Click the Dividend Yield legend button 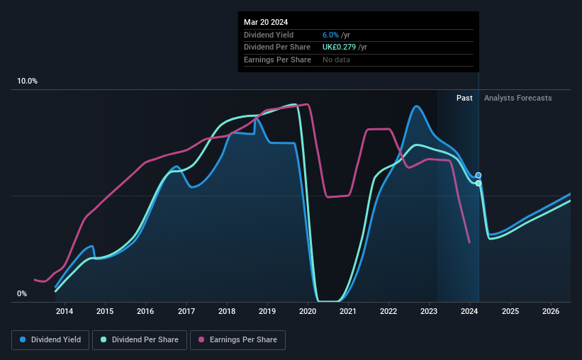(x=50, y=340)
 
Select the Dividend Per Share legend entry (x=140, y=340)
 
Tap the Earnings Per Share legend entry (x=237, y=340)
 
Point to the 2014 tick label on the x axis (x=65, y=311)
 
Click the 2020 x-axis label (x=308, y=311)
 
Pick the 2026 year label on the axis (x=551, y=311)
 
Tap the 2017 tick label (x=186, y=311)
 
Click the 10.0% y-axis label (x=27, y=81)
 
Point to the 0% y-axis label (x=22, y=294)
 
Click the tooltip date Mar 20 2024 (x=266, y=22)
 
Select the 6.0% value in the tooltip (x=330, y=35)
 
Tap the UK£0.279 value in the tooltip (x=339, y=47)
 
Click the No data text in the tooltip (x=336, y=60)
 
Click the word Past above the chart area (x=464, y=98)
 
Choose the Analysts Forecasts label (x=517, y=98)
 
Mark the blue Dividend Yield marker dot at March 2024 (x=479, y=175)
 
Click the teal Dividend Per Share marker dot (x=479, y=184)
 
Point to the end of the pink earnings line (x=469, y=243)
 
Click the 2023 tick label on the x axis (x=429, y=311)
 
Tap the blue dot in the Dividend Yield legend (x=23, y=339)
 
